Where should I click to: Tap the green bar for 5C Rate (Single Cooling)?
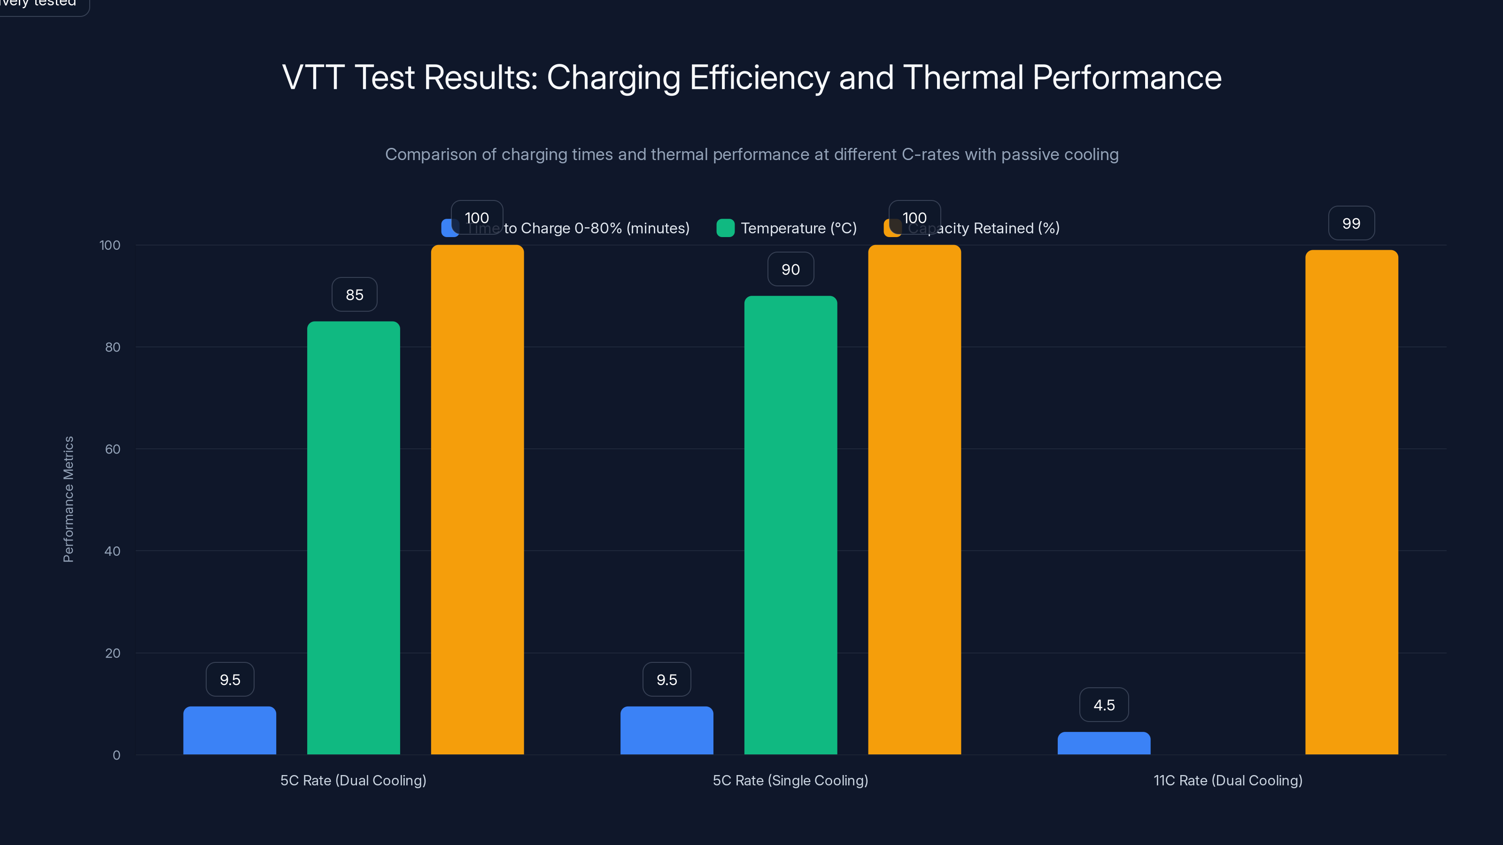click(x=790, y=525)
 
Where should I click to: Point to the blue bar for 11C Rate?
click(x=1104, y=743)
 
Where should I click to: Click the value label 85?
click(x=354, y=294)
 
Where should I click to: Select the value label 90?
click(x=790, y=269)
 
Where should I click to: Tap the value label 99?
click(x=1351, y=223)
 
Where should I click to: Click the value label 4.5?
click(x=1104, y=705)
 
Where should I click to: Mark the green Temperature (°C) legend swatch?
click(x=725, y=228)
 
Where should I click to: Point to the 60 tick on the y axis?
click(x=113, y=449)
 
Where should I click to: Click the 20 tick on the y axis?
click(x=113, y=653)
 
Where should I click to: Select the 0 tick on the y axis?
click(x=116, y=755)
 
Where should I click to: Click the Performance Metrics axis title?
click(x=68, y=499)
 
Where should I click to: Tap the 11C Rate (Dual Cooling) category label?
click(x=1228, y=780)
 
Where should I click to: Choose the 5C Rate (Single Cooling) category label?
click(x=790, y=780)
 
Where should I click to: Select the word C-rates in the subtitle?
click(x=930, y=154)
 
